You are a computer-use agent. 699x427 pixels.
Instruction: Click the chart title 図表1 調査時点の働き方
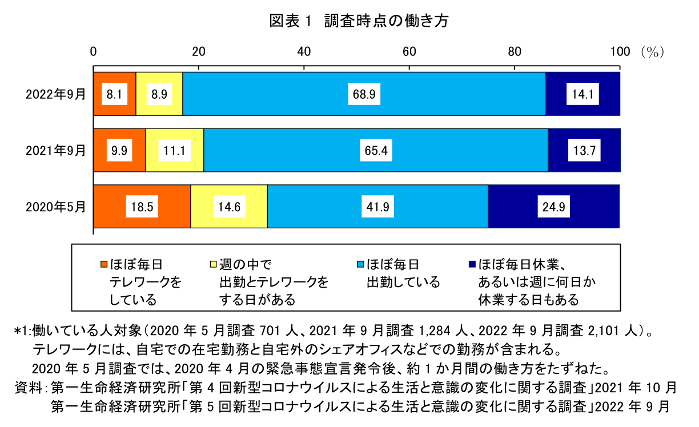pyautogui.click(x=359, y=21)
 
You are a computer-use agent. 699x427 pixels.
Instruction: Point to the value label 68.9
pyautogui.click(x=364, y=94)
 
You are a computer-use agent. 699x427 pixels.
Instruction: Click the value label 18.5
pyautogui.click(x=142, y=207)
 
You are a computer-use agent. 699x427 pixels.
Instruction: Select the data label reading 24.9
pyautogui.click(x=553, y=207)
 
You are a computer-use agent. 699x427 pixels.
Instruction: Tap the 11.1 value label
pyautogui.click(x=174, y=151)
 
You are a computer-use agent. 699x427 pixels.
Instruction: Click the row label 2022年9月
pyautogui.click(x=55, y=94)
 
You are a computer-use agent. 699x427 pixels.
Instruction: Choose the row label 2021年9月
pyautogui.click(x=55, y=151)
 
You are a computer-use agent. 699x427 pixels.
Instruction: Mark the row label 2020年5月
pyautogui.click(x=55, y=207)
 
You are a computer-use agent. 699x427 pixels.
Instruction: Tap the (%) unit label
pyautogui.click(x=652, y=52)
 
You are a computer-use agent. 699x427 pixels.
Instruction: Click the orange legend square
pyautogui.click(x=103, y=264)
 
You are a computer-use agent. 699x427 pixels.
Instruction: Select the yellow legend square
pyautogui.click(x=214, y=264)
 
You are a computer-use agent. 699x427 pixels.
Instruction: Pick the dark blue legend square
pyautogui.click(x=472, y=264)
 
